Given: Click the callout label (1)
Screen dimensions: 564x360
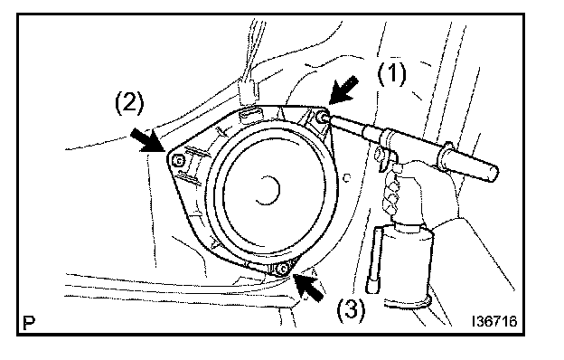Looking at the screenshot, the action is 391,74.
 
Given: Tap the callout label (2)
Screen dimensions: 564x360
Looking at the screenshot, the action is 129,102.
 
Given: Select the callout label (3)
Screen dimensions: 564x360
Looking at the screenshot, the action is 351,308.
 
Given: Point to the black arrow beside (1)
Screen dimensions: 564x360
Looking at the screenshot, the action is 343,90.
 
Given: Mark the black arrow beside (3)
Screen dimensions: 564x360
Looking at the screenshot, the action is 308,287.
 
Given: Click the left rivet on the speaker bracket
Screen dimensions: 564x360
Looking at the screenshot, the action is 178,160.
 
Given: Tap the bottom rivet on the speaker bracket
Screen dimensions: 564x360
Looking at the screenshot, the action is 283,269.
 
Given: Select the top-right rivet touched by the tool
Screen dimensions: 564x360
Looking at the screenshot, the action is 321,117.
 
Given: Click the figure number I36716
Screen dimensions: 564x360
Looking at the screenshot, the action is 495,321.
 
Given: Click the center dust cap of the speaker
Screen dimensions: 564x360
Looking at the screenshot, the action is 268,190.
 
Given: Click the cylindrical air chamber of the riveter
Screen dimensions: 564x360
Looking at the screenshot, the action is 408,265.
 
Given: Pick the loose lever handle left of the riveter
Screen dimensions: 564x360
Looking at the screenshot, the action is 375,260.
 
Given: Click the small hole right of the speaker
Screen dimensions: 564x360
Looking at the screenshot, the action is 347,177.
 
